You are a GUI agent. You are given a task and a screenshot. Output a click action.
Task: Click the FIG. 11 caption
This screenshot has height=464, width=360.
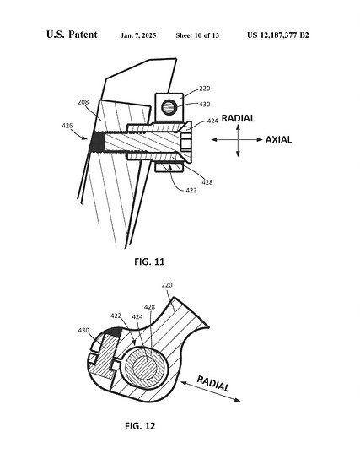pyautogui.click(x=149, y=262)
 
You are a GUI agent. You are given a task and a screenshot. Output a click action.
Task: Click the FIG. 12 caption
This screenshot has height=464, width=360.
pyautogui.click(x=140, y=426)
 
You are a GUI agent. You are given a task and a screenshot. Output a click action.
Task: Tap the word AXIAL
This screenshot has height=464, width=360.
pyautogui.click(x=278, y=140)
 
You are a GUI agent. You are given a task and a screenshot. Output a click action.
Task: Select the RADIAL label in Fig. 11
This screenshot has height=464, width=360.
pyautogui.click(x=238, y=118)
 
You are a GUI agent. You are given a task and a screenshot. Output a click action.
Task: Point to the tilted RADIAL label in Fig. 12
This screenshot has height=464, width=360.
pyautogui.click(x=213, y=384)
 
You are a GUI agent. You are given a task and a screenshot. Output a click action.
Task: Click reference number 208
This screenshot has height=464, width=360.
pyautogui.click(x=83, y=102)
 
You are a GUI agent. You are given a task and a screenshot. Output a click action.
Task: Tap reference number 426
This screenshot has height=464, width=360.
pyautogui.click(x=67, y=126)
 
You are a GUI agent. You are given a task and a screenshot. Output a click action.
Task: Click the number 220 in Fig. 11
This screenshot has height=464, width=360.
pyautogui.click(x=205, y=89)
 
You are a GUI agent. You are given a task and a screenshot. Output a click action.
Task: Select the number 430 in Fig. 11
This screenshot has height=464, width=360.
pyautogui.click(x=204, y=104)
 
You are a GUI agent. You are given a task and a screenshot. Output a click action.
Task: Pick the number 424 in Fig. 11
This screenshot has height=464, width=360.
pyautogui.click(x=212, y=121)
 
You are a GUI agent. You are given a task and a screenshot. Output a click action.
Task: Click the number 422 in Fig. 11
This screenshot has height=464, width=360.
pyautogui.click(x=191, y=191)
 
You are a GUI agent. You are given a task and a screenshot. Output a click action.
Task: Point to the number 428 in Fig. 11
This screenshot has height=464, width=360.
pyautogui.click(x=207, y=182)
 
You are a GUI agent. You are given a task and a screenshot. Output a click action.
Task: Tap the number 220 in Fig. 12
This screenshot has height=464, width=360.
pyautogui.click(x=167, y=285)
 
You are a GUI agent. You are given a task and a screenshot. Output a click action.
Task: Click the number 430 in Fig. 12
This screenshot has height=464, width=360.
pyautogui.click(x=83, y=330)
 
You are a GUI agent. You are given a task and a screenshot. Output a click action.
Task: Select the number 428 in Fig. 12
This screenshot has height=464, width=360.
pyautogui.click(x=149, y=307)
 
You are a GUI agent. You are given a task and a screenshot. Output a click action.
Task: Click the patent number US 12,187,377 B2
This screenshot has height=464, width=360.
pyautogui.click(x=278, y=35)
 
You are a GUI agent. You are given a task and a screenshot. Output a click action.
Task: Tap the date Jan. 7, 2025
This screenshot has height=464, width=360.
pyautogui.click(x=138, y=35)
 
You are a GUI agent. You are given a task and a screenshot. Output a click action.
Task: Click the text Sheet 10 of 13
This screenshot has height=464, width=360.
pyautogui.click(x=197, y=35)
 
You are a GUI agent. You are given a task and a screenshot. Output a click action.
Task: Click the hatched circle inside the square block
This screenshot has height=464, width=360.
pyautogui.click(x=169, y=107)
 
